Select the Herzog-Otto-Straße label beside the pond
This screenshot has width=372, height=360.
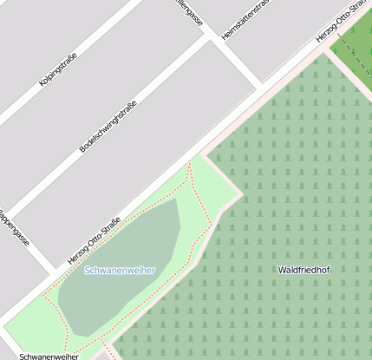coord(94,241)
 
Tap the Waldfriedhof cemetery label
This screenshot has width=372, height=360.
coord(303,270)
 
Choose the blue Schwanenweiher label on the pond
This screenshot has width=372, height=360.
coord(120,270)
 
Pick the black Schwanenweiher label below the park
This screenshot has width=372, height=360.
coord(49,356)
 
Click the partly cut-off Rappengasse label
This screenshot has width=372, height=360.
coord(15,227)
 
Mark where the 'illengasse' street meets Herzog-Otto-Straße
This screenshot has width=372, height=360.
coord(264,84)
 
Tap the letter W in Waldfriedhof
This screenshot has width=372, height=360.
coord(282,270)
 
